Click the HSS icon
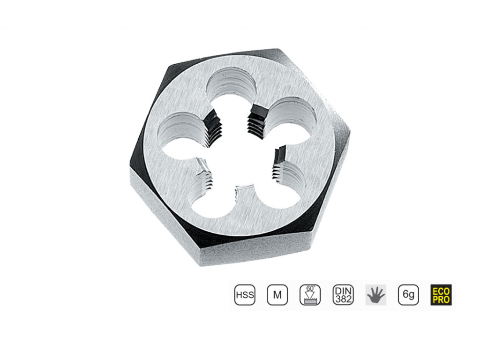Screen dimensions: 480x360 (245, 295)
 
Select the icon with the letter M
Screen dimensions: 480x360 (277, 295)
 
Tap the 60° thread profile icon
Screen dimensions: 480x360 (310, 295)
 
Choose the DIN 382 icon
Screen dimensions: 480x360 (343, 295)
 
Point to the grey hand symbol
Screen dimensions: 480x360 (376, 295)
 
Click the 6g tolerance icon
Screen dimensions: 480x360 (408, 295)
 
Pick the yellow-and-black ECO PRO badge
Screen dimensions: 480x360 (441, 295)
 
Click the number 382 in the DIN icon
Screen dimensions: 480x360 (344, 299)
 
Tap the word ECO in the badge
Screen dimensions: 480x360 (441, 291)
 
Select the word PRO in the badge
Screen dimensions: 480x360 (441, 299)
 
